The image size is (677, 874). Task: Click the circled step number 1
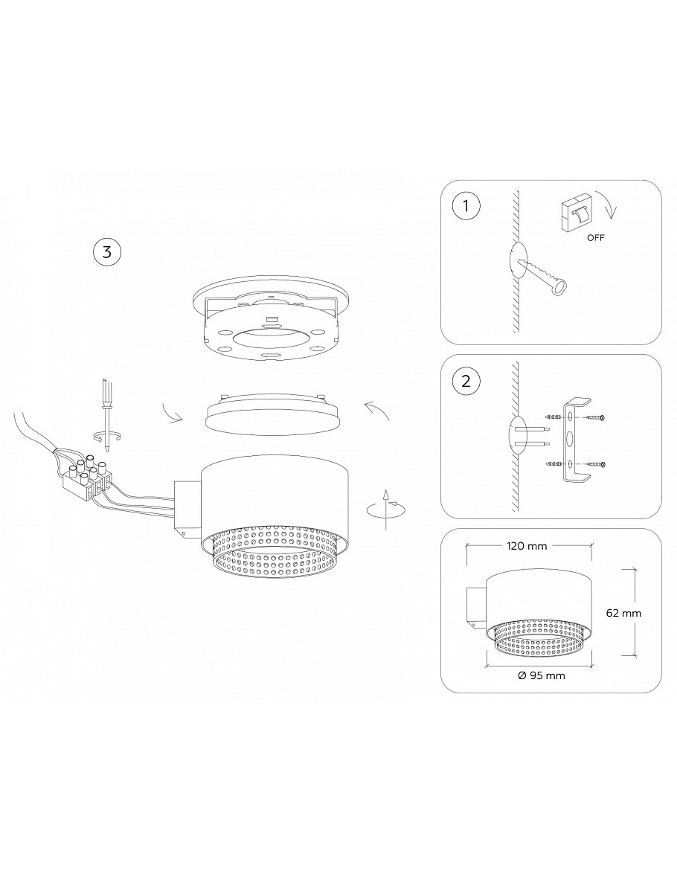pyautogui.click(x=466, y=206)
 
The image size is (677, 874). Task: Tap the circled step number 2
pyautogui.click(x=466, y=382)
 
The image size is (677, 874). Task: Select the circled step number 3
pyautogui.click(x=106, y=251)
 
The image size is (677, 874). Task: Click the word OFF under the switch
pyautogui.click(x=595, y=237)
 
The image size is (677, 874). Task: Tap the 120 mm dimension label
pyautogui.click(x=526, y=546)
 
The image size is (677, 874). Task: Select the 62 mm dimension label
pyautogui.click(x=623, y=613)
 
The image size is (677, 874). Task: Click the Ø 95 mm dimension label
pyautogui.click(x=541, y=675)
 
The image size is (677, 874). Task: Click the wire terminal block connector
pyautogui.click(x=89, y=475)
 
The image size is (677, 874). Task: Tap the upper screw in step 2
pyautogui.click(x=594, y=417)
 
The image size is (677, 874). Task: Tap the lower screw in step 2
pyautogui.click(x=594, y=463)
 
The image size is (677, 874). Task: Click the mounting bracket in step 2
pyautogui.click(x=575, y=441)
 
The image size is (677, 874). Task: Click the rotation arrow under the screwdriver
pyautogui.click(x=106, y=435)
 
